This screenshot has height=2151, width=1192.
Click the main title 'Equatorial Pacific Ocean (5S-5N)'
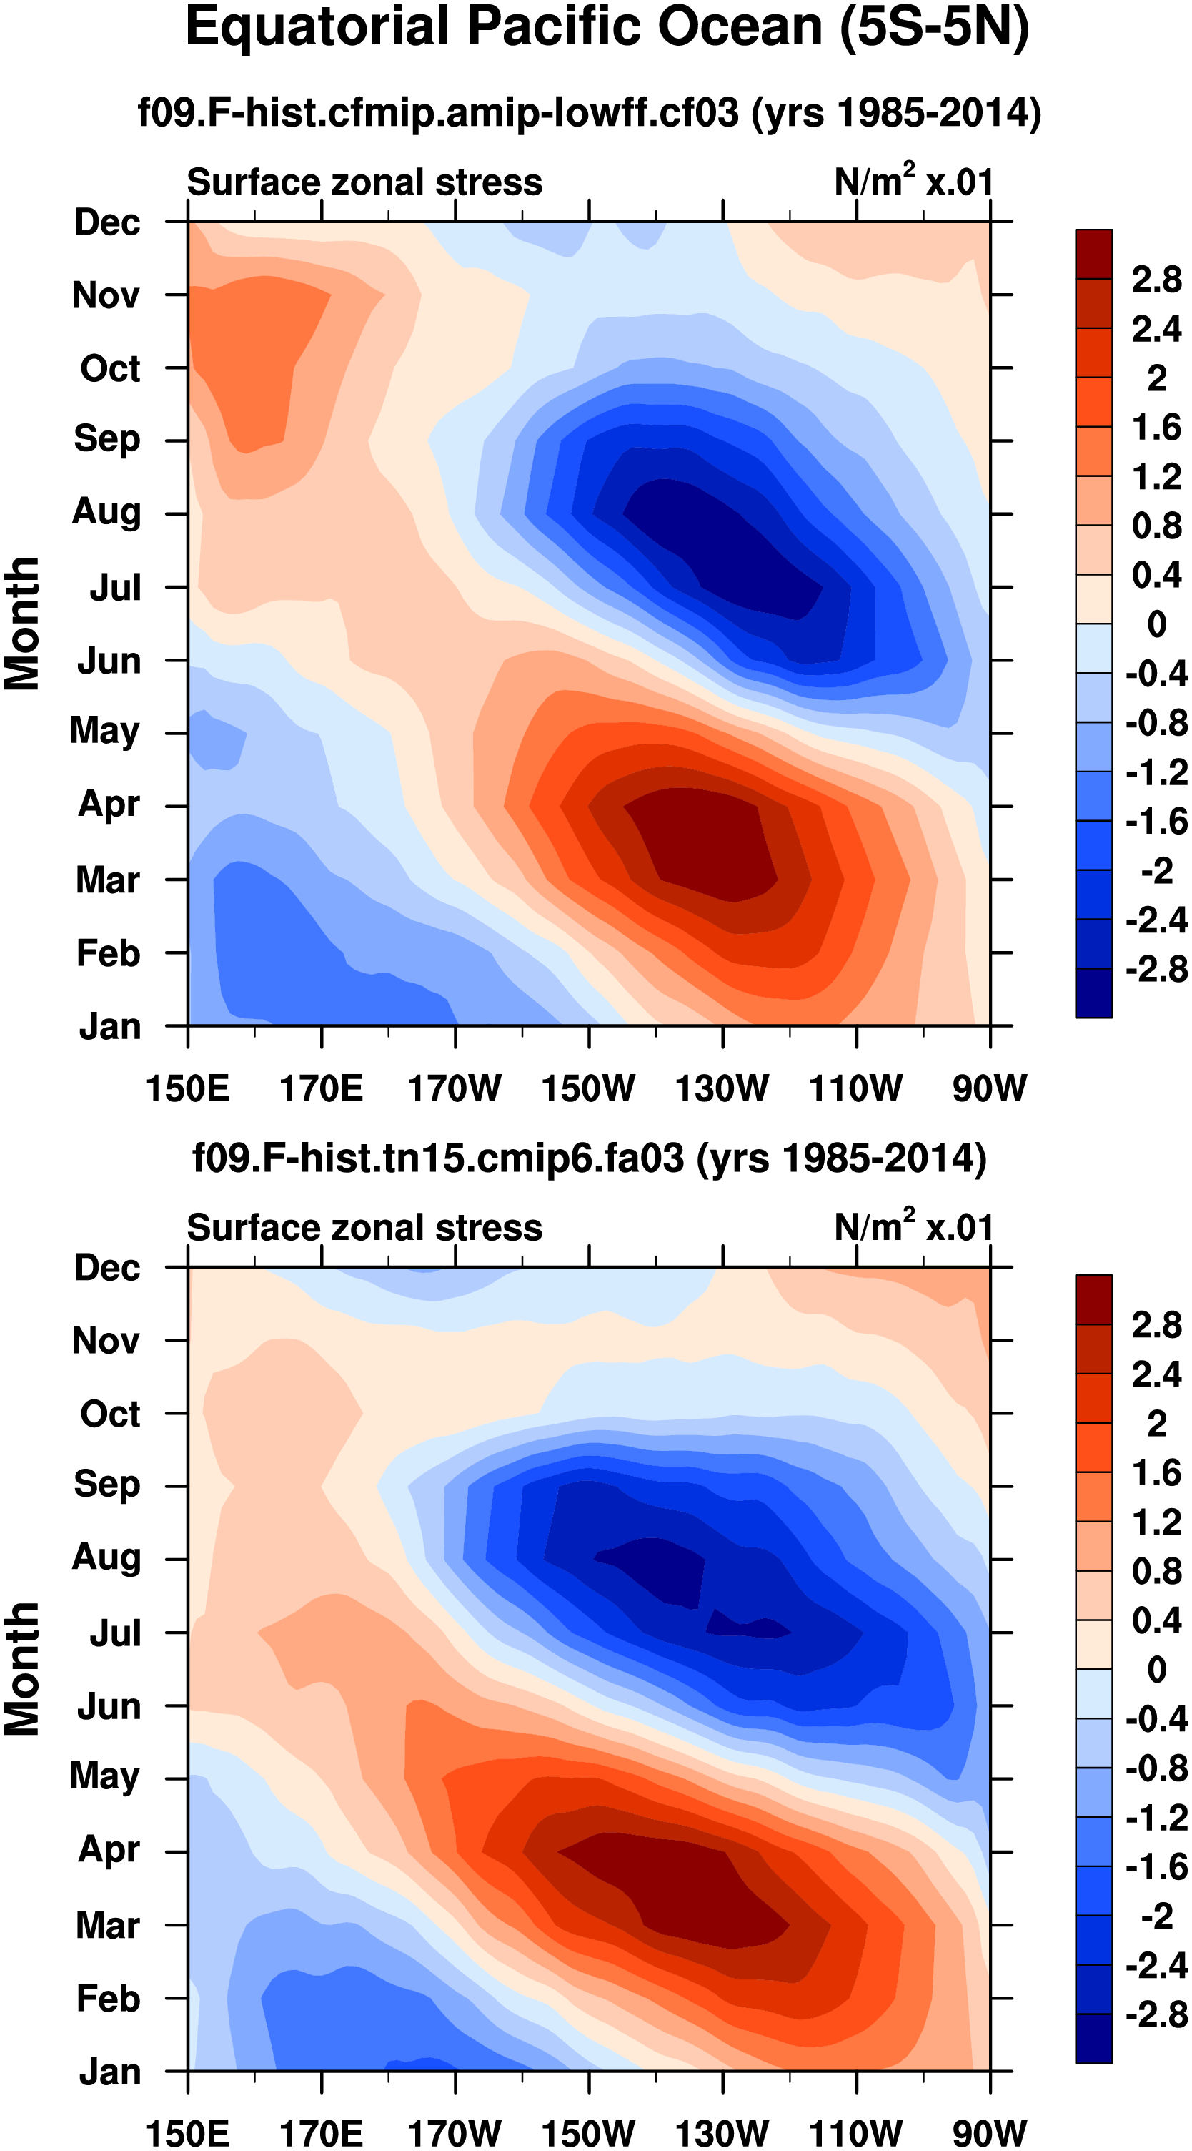[607, 29]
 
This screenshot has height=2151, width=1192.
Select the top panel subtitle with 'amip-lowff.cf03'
[590, 112]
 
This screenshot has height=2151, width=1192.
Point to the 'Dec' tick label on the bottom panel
[107, 1268]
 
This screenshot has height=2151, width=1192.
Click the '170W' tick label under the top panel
[455, 1089]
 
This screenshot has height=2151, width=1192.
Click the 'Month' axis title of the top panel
[23, 624]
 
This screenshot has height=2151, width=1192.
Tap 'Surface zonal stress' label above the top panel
[364, 182]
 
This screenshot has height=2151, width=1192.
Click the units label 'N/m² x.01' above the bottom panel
[914, 1228]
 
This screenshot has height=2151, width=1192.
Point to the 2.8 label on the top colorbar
[1156, 280]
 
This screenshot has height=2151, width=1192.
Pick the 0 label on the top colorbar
[1156, 624]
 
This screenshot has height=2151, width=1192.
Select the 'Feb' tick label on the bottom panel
[108, 1998]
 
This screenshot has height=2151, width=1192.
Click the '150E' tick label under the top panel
[188, 1089]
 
